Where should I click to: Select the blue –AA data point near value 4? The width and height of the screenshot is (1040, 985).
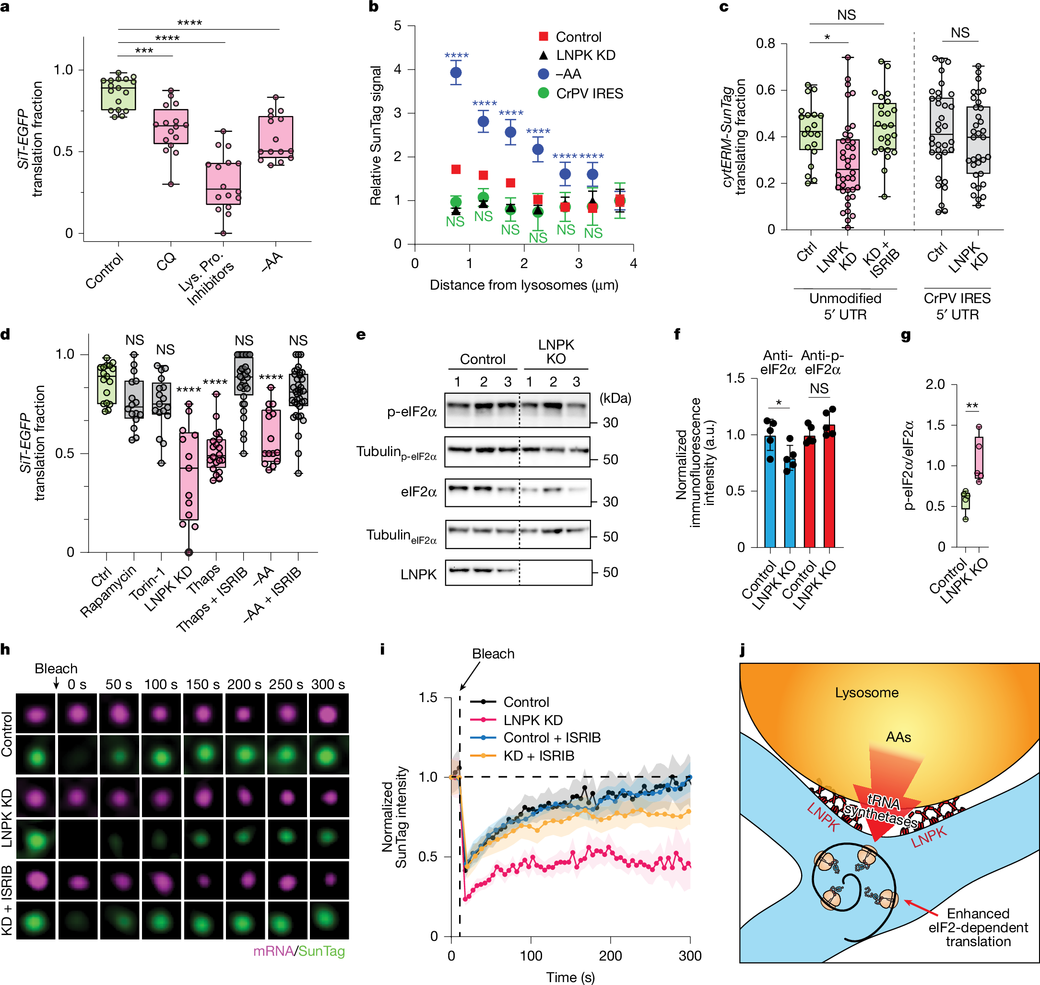click(x=456, y=72)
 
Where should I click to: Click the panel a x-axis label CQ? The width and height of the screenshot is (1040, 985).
click(x=166, y=261)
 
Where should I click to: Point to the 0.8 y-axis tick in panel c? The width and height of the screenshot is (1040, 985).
click(x=765, y=44)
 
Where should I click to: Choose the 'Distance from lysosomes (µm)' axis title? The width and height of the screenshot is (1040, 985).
click(x=524, y=285)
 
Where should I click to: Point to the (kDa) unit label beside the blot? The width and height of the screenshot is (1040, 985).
click(x=615, y=398)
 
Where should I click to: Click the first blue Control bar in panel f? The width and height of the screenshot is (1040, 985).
click(x=770, y=491)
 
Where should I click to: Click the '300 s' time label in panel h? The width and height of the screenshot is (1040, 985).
click(x=328, y=685)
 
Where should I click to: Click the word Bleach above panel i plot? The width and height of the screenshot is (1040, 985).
click(x=493, y=654)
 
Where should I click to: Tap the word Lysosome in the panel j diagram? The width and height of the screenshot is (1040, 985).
click(x=866, y=692)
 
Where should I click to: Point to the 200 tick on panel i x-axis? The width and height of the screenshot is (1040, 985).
click(x=610, y=956)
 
